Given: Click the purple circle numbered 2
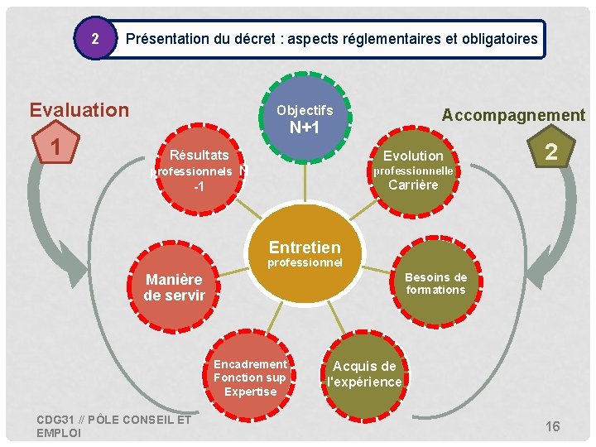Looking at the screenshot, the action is coord(96,39).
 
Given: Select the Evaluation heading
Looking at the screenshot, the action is coord(79,110).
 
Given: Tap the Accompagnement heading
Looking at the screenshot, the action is coord(513,115).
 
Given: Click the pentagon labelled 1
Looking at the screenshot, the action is coord(54,149).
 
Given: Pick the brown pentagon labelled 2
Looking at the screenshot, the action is coord(550,151).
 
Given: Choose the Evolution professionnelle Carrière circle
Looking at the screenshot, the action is coord(413,170).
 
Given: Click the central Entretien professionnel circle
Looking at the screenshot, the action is coord(304,252).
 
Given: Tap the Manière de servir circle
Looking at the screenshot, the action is coord(174,287).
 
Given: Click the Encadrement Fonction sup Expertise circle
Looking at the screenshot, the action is coord(250,377).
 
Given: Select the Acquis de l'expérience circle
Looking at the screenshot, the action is coord(364,374).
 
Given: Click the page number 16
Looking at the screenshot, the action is coord(552,426).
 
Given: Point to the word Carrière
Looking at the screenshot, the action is coord(413,185).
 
